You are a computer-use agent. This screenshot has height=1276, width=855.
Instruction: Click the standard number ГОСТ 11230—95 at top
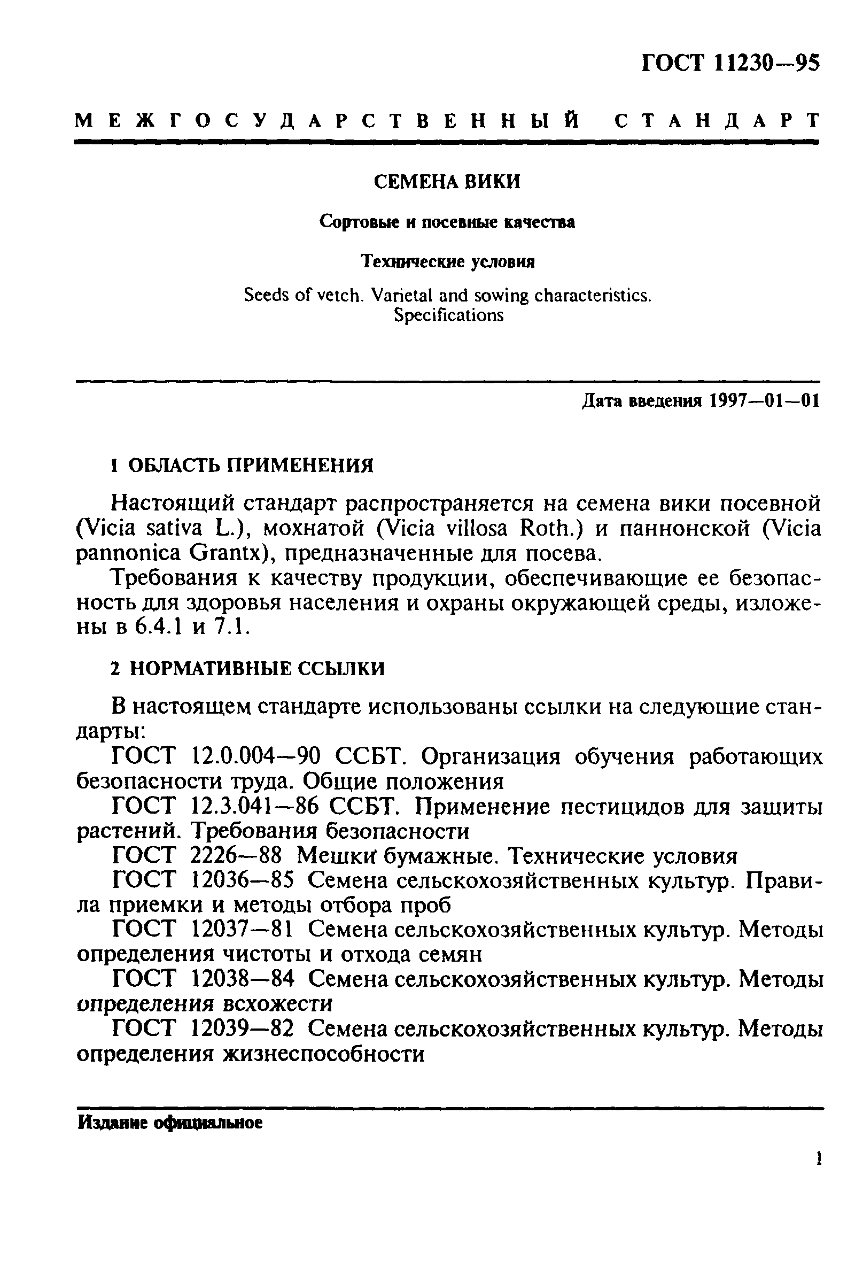coord(730,63)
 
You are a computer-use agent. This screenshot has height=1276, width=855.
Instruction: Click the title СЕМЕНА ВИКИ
coord(447,182)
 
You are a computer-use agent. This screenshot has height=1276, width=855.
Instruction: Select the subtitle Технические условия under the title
coord(448,262)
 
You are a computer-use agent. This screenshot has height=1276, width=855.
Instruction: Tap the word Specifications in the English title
coord(448,315)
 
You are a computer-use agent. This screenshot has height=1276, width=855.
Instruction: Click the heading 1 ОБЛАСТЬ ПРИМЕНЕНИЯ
coord(242,466)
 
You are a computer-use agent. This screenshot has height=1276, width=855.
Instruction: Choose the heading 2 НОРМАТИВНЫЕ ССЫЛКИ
coord(247,668)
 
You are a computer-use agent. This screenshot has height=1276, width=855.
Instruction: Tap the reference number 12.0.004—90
coord(256,757)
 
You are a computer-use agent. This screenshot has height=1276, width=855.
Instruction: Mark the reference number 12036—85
coord(243,880)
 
